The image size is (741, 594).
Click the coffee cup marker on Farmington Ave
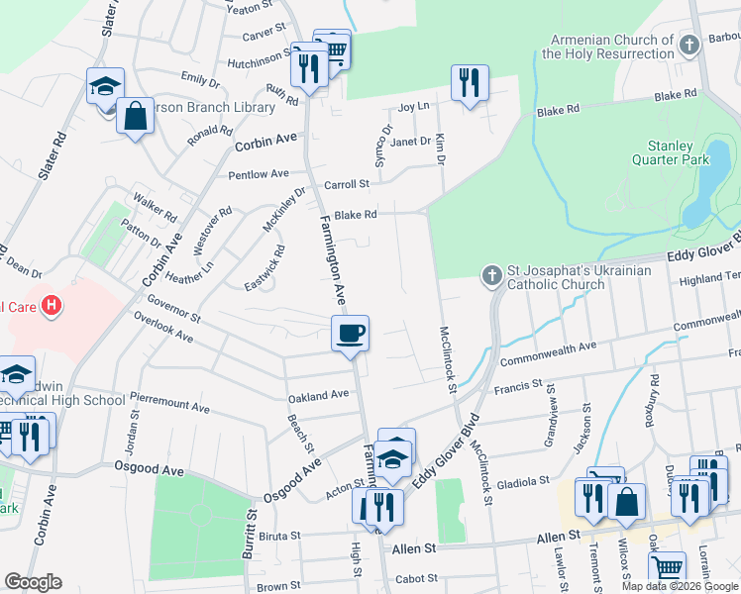349,334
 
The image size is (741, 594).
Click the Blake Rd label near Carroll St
356,214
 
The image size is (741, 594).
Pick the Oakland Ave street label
318,395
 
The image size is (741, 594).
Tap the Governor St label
174,309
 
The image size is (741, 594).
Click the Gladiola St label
525,481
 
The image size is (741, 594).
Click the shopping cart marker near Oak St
668,568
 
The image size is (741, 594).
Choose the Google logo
33,582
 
